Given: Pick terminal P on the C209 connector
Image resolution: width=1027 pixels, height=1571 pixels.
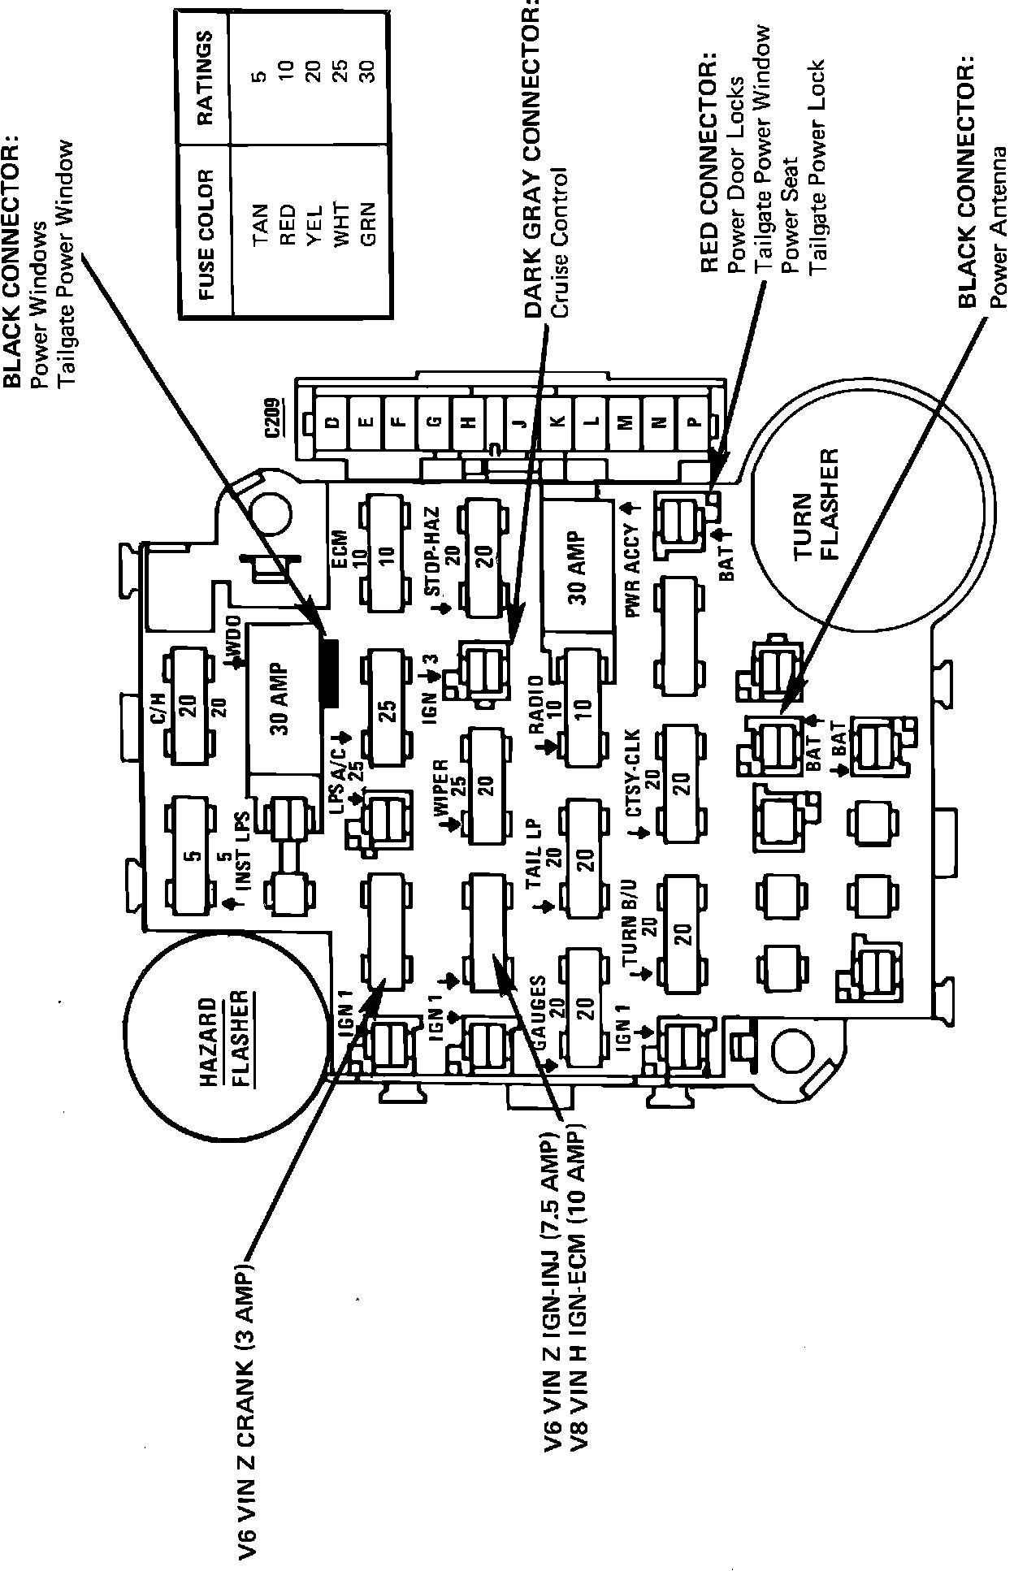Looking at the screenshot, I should coord(692,422).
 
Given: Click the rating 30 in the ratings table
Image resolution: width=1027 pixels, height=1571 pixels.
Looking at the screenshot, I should coord(369,71).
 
